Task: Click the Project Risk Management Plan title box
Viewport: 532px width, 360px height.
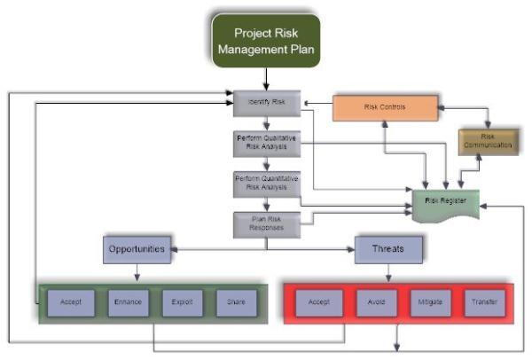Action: click(266, 39)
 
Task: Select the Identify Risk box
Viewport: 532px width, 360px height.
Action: click(266, 104)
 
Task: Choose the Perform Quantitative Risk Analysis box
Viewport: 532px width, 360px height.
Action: click(266, 184)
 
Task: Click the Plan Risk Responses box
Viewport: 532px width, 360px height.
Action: click(266, 223)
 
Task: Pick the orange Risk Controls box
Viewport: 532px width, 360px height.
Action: click(385, 108)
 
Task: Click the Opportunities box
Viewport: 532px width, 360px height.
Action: click(137, 249)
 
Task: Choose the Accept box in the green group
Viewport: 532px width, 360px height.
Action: click(71, 302)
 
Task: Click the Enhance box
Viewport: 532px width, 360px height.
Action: click(127, 302)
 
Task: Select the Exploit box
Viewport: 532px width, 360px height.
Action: click(182, 302)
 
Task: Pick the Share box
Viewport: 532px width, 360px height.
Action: click(237, 302)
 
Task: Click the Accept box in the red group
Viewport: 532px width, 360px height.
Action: click(318, 302)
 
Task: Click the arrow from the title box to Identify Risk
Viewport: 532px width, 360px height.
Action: click(266, 80)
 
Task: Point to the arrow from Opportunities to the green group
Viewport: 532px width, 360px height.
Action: click(137, 272)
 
